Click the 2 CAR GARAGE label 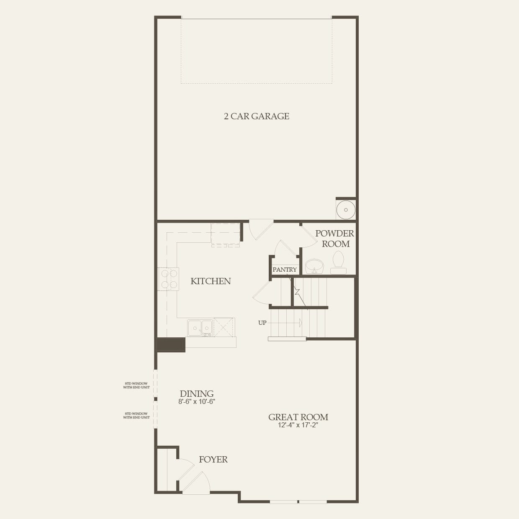tap(257, 116)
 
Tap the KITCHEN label tap(211, 281)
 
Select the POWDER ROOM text tap(335, 239)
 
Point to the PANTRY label tap(285, 270)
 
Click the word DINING tap(197, 393)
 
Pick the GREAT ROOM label tap(298, 417)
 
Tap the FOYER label tap(213, 460)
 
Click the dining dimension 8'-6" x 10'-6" tap(197, 402)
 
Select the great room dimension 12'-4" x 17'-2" tap(298, 425)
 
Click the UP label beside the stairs tap(262, 323)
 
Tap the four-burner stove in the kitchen tap(168, 279)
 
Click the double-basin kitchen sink tap(200, 327)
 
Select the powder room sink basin tap(314, 266)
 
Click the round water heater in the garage tap(346, 209)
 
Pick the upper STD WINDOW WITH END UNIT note tap(136, 385)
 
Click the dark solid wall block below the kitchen tap(170, 344)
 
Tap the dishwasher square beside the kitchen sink tap(224, 327)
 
